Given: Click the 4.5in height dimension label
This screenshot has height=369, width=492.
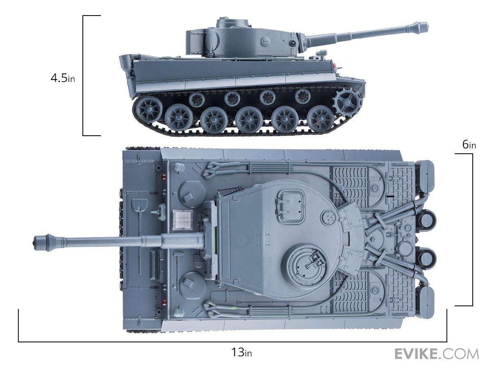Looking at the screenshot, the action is tap(63, 78).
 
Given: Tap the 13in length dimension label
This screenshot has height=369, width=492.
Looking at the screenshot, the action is tap(241, 352).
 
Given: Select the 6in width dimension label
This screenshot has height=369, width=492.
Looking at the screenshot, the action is tap(469, 144).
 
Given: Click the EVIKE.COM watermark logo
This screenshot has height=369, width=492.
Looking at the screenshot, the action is tap(437, 354).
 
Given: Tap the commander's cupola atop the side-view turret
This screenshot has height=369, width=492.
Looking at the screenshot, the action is tap(232, 23).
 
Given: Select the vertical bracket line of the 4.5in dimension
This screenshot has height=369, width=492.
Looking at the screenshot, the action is tap(83, 75).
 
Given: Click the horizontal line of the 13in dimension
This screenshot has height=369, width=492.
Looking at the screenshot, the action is tap(232, 342).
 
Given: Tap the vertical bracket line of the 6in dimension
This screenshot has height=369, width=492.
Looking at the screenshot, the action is tap(472, 230).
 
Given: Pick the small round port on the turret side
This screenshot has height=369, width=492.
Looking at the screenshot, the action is tap(292, 43).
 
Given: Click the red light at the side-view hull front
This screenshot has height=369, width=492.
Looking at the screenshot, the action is tap(335, 66).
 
